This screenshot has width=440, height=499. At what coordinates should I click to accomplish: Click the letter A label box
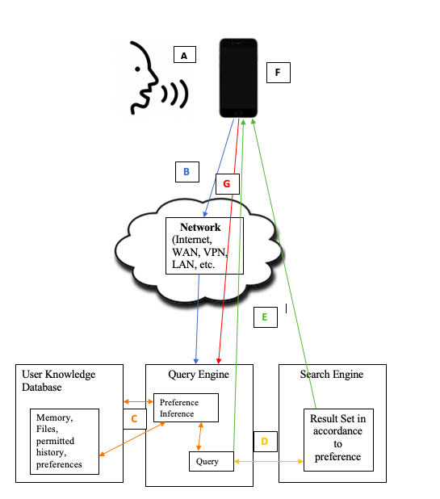185,54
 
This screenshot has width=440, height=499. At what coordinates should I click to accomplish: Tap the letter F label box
279,73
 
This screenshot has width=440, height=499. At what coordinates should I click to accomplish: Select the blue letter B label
187,172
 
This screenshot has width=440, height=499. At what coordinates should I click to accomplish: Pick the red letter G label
228,184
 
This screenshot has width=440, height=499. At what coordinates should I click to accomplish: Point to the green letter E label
266,317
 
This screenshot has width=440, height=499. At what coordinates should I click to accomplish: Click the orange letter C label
135,419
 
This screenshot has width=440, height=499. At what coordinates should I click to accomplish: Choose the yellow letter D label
266,442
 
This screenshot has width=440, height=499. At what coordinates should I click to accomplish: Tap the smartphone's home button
238,113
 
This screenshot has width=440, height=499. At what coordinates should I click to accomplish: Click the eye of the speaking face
137,69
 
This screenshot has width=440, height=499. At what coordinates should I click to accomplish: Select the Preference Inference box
186,408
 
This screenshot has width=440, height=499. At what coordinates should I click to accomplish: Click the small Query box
212,461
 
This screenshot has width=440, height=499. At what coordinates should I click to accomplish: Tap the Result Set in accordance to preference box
338,440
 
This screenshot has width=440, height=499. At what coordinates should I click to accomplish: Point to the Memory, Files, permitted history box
65,442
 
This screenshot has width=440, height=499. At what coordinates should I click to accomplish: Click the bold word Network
200,227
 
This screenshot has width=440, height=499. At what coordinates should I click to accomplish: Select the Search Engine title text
332,375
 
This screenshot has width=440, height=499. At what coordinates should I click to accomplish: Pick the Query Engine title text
199,375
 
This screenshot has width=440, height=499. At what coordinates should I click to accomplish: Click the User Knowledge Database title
59,380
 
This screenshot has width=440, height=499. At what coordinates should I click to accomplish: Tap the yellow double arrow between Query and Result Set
269,461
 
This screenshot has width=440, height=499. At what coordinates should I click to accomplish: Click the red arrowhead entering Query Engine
219,361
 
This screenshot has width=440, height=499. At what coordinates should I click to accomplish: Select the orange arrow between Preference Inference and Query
199,437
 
